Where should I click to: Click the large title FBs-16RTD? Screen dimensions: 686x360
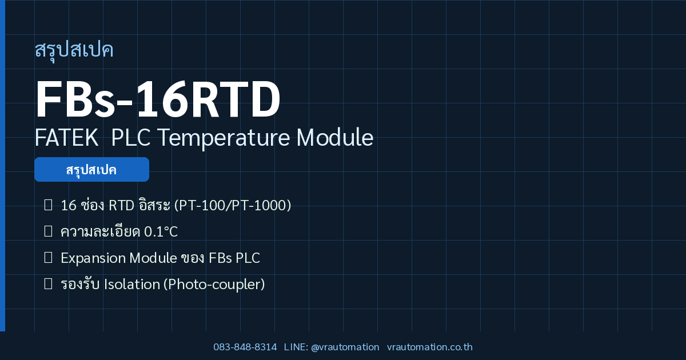point(158,98)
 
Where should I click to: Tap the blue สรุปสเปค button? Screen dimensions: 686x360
point(91,169)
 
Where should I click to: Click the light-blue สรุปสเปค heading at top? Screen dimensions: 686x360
point(74,50)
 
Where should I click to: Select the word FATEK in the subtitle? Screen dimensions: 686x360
point(66,138)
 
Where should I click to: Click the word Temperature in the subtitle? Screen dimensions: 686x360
point(224,138)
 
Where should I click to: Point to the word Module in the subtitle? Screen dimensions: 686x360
point(335,138)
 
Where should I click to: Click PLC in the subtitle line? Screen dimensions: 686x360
point(131,138)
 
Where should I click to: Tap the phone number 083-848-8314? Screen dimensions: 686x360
point(245,347)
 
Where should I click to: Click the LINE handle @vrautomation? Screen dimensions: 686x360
point(345,347)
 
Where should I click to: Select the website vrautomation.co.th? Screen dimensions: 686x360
point(430,347)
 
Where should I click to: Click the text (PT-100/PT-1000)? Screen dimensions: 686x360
point(233,205)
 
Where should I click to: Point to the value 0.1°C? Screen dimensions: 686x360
point(161,232)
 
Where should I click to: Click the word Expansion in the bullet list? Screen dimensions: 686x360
point(93,258)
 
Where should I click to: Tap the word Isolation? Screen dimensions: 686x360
point(132,285)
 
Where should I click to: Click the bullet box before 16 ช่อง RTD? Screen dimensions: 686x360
point(48,205)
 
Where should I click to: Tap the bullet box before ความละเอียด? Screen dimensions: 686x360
point(48,231)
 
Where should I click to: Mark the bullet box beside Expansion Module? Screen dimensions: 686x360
point(48,258)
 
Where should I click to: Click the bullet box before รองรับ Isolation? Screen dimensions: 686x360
point(48,284)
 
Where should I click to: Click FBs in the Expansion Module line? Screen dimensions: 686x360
point(220,258)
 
